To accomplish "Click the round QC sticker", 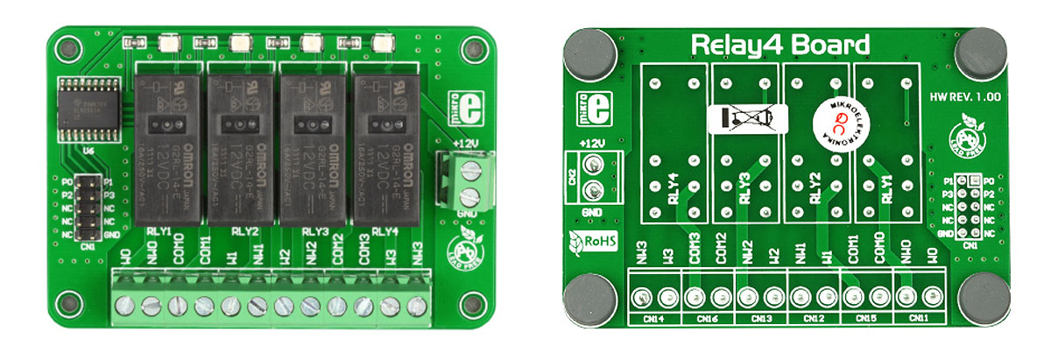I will (x=832, y=121).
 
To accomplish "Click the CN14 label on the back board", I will (x=655, y=318).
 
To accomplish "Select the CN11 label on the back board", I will (x=920, y=318).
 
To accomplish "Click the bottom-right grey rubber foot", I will (x=983, y=300).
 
